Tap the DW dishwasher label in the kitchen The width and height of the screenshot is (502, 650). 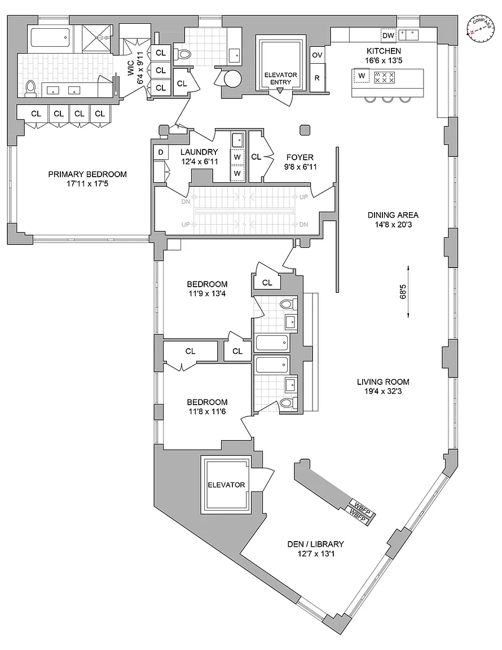pos(387,36)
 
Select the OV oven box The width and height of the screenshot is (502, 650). pos(317,55)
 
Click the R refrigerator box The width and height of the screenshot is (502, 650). pos(317,78)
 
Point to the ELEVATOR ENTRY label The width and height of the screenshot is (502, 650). pos(281,78)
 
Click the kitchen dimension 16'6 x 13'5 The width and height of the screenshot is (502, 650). pos(384,61)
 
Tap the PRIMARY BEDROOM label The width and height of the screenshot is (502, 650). pos(87,174)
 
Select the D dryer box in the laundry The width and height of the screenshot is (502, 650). pos(160,152)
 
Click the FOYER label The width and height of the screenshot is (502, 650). pos(299,157)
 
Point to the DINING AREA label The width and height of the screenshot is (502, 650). pos(393,214)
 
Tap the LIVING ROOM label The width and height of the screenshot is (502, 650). pos(383,381)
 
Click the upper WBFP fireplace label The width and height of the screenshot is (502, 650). pos(359,504)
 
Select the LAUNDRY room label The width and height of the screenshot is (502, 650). pos(199,152)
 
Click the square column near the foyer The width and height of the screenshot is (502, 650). pos(305,130)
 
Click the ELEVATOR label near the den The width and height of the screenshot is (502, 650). pos(226,485)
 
